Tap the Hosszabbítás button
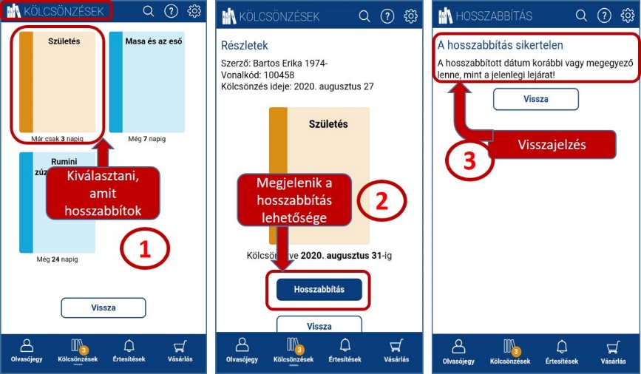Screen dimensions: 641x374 pyautogui.click(x=319, y=290)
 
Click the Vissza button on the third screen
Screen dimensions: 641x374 pyautogui.click(x=535, y=99)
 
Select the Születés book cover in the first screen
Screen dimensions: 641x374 pyautogui.click(x=57, y=82)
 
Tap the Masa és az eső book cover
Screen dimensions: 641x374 pyautogui.click(x=147, y=82)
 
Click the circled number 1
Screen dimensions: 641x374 pyautogui.click(x=145, y=248)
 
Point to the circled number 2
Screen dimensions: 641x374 pyautogui.click(x=381, y=201)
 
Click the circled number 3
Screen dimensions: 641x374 pyautogui.click(x=469, y=160)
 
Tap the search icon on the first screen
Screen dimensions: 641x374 pyautogui.click(x=149, y=11)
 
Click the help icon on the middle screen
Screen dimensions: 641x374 pyautogui.click(x=387, y=16)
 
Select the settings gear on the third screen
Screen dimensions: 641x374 pyautogui.click(x=627, y=16)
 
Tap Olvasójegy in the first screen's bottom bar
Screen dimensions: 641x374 pyautogui.click(x=27, y=350)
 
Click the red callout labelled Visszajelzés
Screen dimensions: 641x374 pyautogui.click(x=552, y=145)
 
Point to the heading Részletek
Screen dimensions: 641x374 pyautogui.click(x=245, y=45)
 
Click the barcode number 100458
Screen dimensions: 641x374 pyautogui.click(x=279, y=75)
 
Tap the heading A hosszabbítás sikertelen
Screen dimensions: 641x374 pyautogui.click(x=500, y=45)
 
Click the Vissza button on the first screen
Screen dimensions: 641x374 pyautogui.click(x=104, y=307)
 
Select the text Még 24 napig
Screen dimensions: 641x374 pyautogui.click(x=57, y=259)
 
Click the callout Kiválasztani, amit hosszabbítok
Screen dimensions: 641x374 pyautogui.click(x=103, y=194)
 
